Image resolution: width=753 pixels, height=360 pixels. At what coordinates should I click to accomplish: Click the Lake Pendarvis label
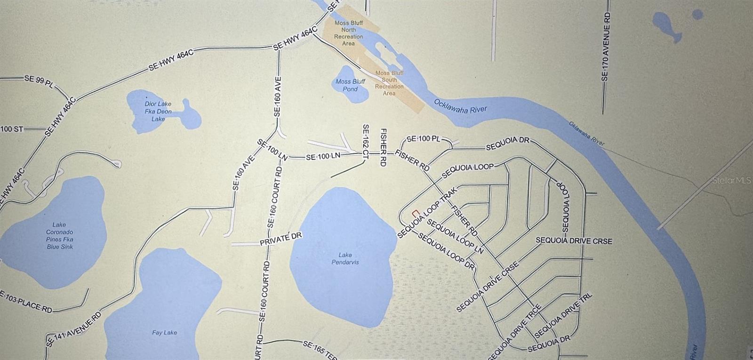(345, 258)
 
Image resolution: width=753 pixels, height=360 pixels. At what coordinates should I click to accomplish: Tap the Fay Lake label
(164, 333)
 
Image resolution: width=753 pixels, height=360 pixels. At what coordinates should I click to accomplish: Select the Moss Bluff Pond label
(350, 85)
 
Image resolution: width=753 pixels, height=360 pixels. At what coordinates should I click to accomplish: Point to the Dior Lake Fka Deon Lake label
(158, 112)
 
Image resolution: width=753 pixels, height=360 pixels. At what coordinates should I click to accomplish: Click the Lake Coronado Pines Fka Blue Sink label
(60, 236)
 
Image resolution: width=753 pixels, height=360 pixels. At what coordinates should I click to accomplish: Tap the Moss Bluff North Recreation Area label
(348, 33)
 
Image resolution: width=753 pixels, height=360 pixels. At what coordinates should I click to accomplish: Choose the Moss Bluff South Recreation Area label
(389, 83)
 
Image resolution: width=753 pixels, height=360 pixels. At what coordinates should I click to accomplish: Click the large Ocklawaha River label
(460, 106)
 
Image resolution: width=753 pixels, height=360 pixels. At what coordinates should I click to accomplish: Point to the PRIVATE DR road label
(280, 239)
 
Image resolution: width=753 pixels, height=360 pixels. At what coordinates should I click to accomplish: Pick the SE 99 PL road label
(40, 80)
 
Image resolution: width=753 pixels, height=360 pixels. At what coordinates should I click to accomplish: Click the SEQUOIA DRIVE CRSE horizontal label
(574, 241)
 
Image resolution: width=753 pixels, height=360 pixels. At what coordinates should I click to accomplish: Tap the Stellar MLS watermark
(731, 180)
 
